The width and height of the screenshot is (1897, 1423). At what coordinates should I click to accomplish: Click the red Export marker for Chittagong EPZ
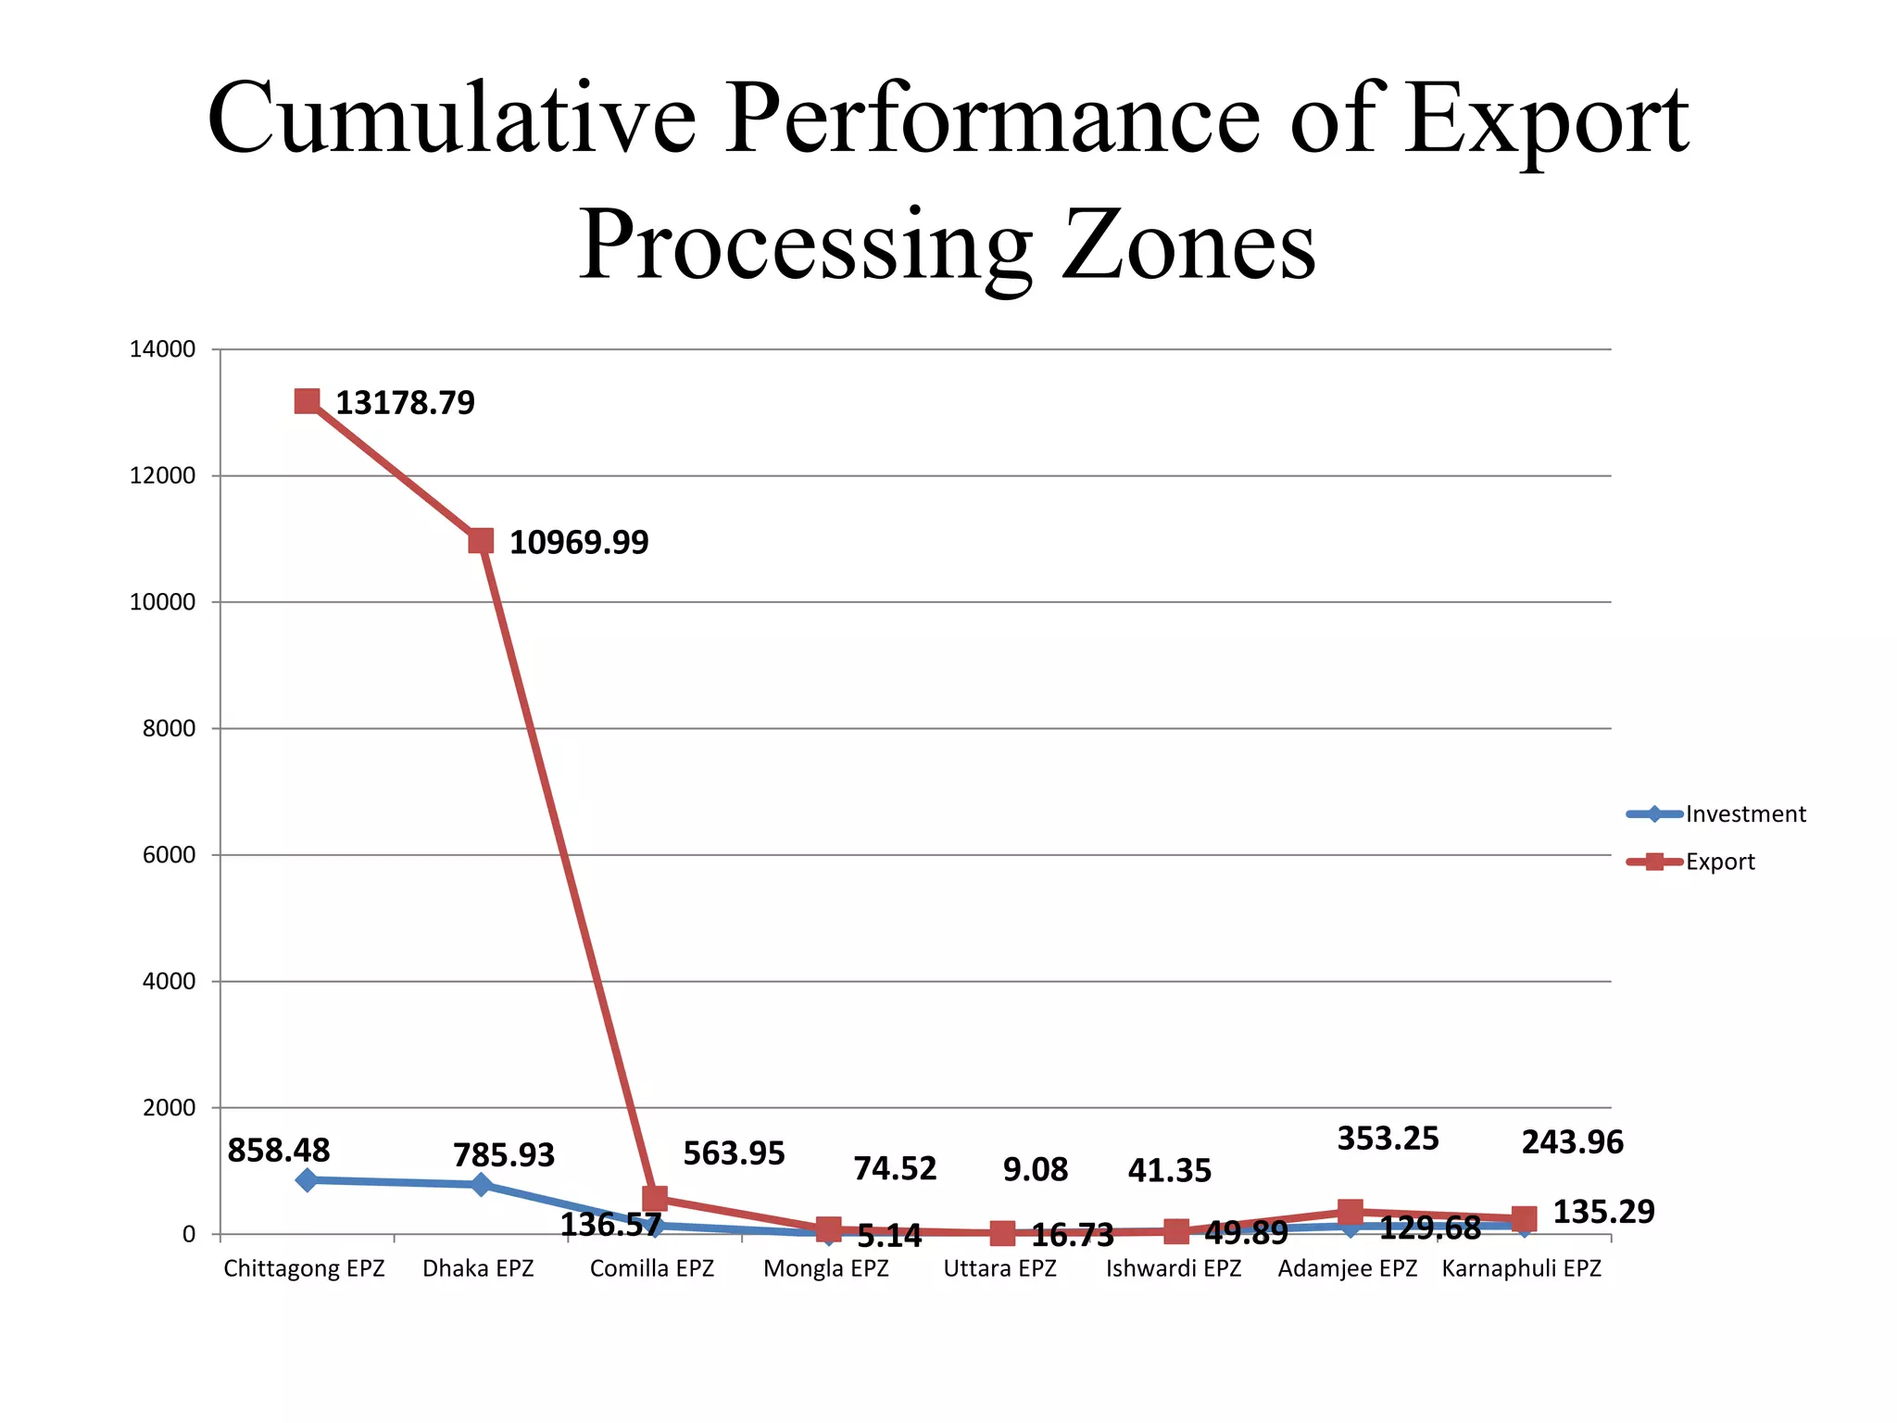click(x=307, y=401)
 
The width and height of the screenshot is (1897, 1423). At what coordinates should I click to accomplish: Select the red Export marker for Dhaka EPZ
click(x=481, y=541)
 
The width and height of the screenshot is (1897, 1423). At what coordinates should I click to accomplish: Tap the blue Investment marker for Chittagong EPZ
click(x=307, y=1179)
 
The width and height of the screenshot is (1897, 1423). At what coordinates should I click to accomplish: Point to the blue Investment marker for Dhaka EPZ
click(x=481, y=1184)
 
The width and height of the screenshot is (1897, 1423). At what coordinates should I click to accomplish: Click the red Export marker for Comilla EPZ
click(x=655, y=1198)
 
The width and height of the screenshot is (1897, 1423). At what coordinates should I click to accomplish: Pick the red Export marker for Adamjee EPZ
click(x=1350, y=1211)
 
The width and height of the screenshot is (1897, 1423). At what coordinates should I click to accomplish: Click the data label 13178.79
click(x=405, y=403)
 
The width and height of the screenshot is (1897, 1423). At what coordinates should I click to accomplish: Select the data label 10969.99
click(x=579, y=543)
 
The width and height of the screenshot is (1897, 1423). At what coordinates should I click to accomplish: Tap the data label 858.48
click(x=278, y=1151)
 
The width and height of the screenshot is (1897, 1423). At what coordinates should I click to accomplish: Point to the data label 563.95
click(x=734, y=1153)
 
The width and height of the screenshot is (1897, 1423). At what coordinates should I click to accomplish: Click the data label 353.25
click(x=1388, y=1139)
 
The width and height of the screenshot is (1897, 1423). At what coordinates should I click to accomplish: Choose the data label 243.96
click(x=1572, y=1142)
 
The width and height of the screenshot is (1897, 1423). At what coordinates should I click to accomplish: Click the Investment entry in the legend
click(x=1745, y=814)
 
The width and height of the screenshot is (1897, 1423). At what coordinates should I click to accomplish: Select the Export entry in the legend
click(x=1719, y=862)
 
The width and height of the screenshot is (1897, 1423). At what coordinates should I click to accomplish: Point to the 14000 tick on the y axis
click(x=163, y=350)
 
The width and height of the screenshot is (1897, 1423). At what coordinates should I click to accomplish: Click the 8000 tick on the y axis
click(x=169, y=729)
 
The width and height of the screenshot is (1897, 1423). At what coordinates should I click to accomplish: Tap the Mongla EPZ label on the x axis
click(x=825, y=1268)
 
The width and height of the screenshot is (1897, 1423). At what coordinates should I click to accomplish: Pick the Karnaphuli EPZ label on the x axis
click(x=1521, y=1268)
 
